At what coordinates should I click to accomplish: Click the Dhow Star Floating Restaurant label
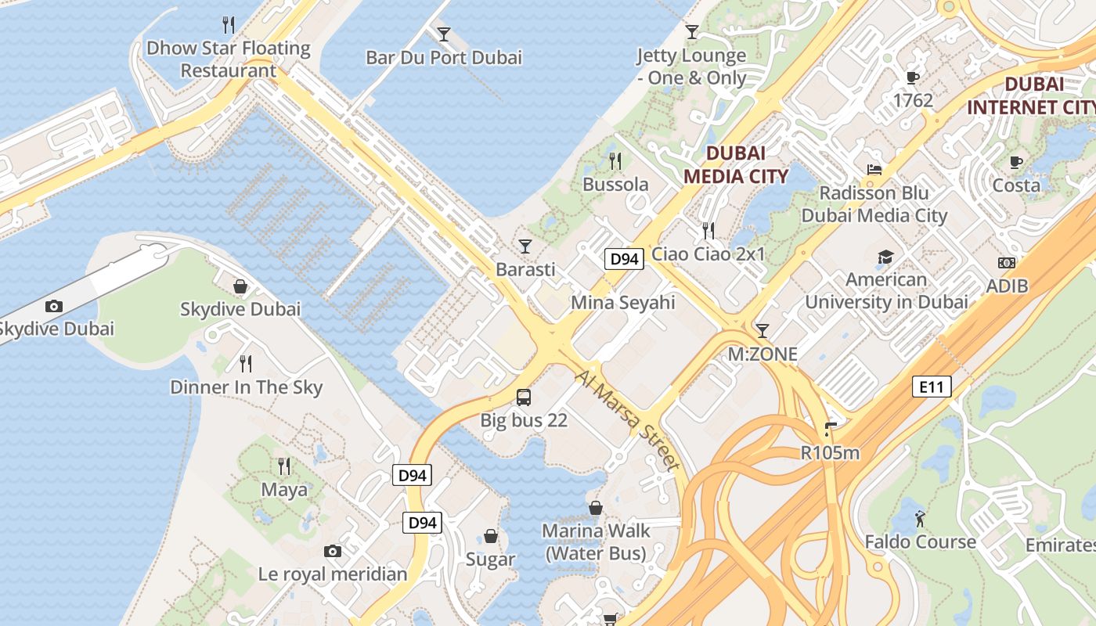pos(229,59)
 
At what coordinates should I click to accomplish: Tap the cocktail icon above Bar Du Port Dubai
pos(444,34)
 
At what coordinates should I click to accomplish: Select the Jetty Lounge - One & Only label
pos(691,67)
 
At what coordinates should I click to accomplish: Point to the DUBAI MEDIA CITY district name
pos(735,164)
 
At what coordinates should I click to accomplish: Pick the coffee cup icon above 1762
pos(912,77)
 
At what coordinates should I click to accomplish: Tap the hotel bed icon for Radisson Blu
pos(874,169)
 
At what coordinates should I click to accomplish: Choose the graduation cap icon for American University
pos(885,257)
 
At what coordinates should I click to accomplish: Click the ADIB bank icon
pos(1007,263)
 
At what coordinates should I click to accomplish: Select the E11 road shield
pos(932,386)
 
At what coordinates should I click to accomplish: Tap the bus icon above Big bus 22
pos(524,397)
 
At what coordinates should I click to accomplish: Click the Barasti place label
pos(525,269)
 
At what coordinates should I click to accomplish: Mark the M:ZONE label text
pos(763,354)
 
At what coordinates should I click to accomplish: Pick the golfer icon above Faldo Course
pos(920,518)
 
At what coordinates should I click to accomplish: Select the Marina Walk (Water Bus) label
pos(596,541)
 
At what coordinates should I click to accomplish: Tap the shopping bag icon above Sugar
pos(491,536)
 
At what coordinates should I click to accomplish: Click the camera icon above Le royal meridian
pos(333,551)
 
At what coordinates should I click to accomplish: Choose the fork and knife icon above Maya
pos(284,466)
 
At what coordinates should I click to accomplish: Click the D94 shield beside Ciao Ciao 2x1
pos(624,259)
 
